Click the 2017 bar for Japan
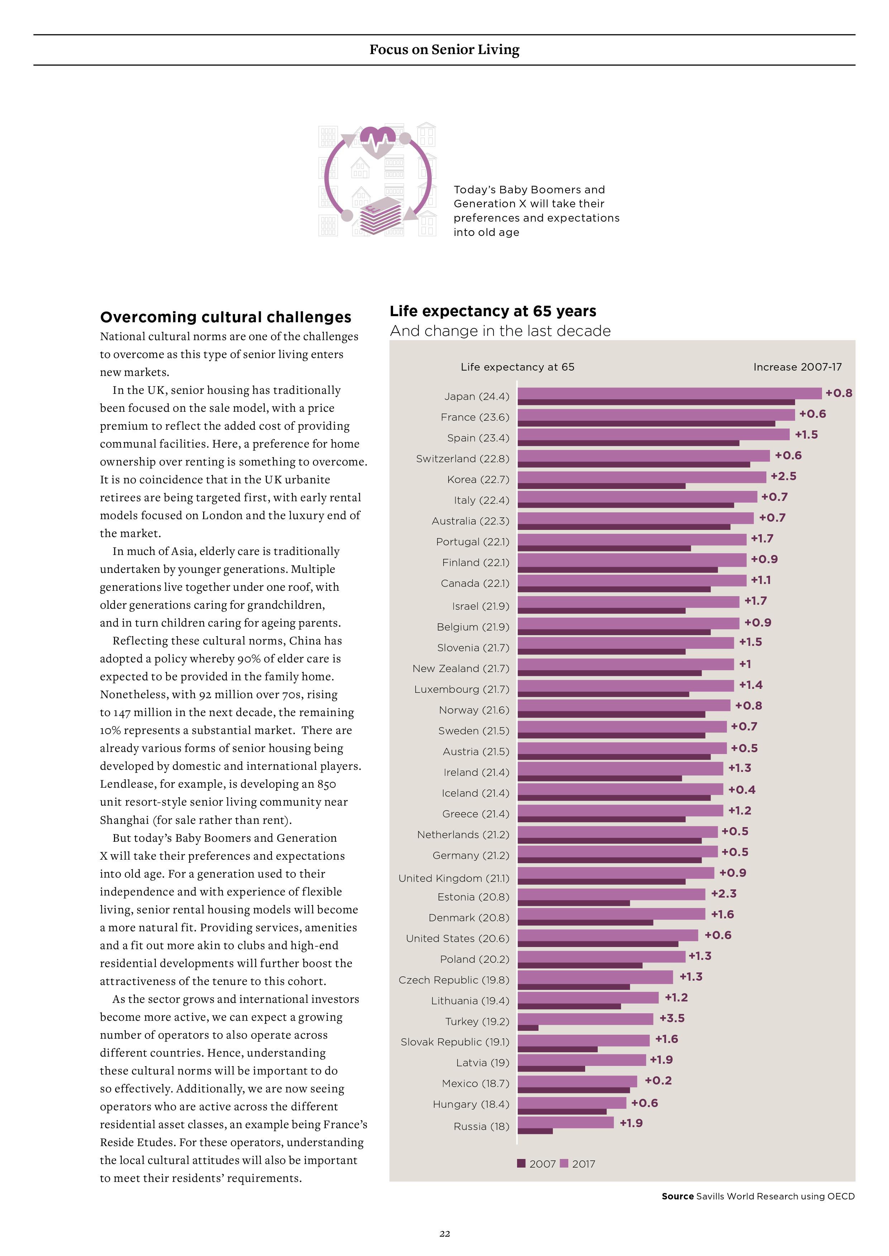pyautogui.click(x=669, y=393)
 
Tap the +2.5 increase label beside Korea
pyautogui.click(x=783, y=476)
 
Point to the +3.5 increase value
pyautogui.click(x=671, y=1018)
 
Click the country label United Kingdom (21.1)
pyautogui.click(x=454, y=878)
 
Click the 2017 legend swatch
pyautogui.click(x=564, y=1164)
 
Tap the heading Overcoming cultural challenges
pyautogui.click(x=225, y=317)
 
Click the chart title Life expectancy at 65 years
pyautogui.click(x=493, y=311)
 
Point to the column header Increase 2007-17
pyautogui.click(x=798, y=367)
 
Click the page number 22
pyautogui.click(x=444, y=1233)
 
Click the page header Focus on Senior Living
pyautogui.click(x=444, y=50)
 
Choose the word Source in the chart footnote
pyautogui.click(x=678, y=1196)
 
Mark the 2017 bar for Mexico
pyautogui.click(x=578, y=1081)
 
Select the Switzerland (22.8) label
pyautogui.click(x=463, y=458)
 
